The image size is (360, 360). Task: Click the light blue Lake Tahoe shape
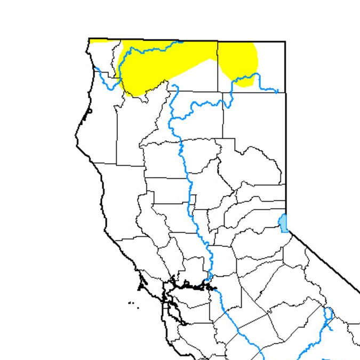point(283,223)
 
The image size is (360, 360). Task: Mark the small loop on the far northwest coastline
point(90,111)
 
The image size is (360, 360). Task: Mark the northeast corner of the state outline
point(285,41)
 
